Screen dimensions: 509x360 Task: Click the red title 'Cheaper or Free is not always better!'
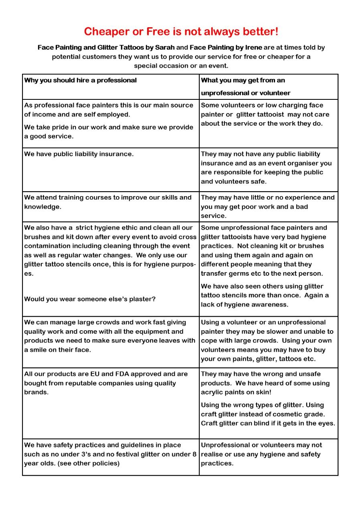tap(181, 32)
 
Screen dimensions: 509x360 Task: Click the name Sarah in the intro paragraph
tap(165, 47)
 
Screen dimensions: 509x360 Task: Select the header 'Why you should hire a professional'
tap(81, 80)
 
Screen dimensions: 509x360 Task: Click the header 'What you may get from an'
tap(243, 80)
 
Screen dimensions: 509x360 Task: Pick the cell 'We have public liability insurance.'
tap(79, 154)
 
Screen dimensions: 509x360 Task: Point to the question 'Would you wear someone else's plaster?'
tap(90, 299)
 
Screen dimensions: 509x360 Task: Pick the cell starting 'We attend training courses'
tap(108, 202)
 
